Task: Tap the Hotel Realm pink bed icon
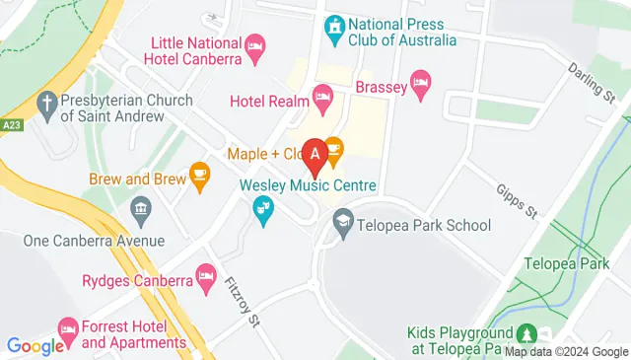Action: [321, 96]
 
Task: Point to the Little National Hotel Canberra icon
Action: [255, 45]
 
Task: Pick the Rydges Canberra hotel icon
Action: [205, 275]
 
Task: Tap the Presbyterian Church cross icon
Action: [46, 101]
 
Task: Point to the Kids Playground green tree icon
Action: [528, 334]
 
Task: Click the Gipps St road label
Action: [515, 198]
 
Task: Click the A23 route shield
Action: [12, 125]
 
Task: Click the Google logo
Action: [35, 345]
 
